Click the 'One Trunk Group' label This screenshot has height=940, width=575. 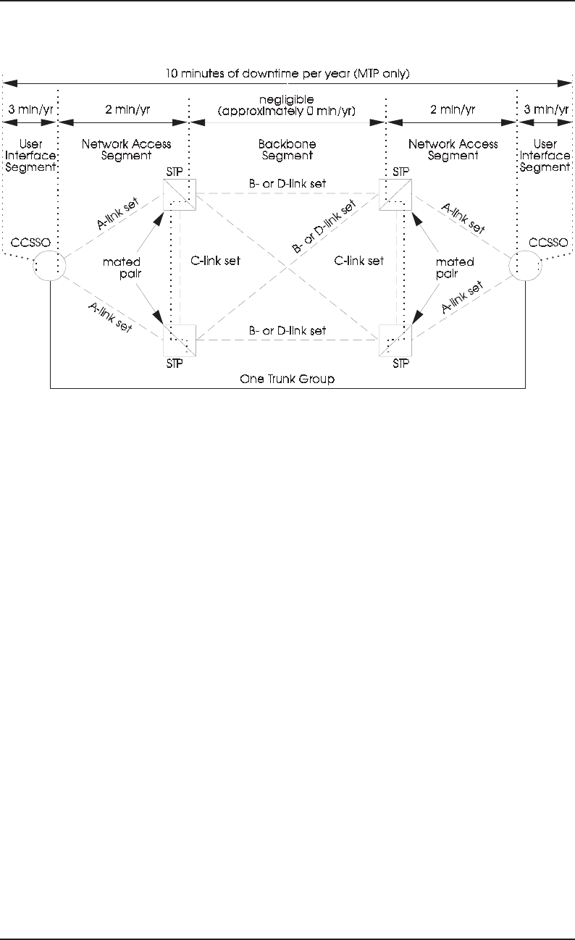(287, 379)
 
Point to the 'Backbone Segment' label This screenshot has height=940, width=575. (287, 149)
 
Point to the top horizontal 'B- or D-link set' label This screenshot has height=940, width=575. (287, 184)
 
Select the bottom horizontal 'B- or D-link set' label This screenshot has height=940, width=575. (287, 330)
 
